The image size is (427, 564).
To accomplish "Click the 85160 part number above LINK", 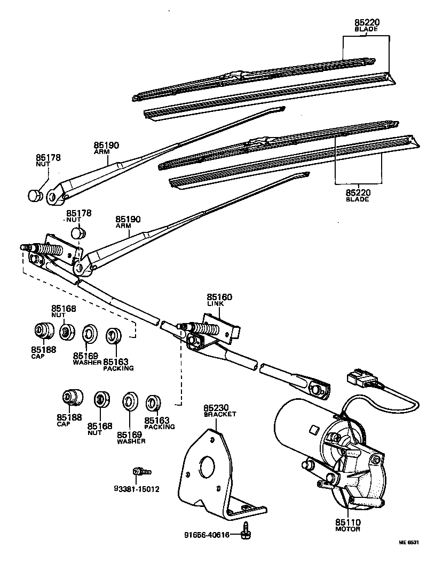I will pos(219,297).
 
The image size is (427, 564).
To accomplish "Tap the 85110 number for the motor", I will pos(348,522).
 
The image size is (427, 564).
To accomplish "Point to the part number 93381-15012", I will pos(137,489).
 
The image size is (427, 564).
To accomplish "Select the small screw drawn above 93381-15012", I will pos(141,471).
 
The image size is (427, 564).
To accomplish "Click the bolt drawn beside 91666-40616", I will pos(246,528).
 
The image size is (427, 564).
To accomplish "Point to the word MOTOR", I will pos(348,529).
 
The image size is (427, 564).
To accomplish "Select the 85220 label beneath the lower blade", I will pos(358,193).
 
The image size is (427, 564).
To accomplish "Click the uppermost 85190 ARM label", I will pos(107,147).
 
